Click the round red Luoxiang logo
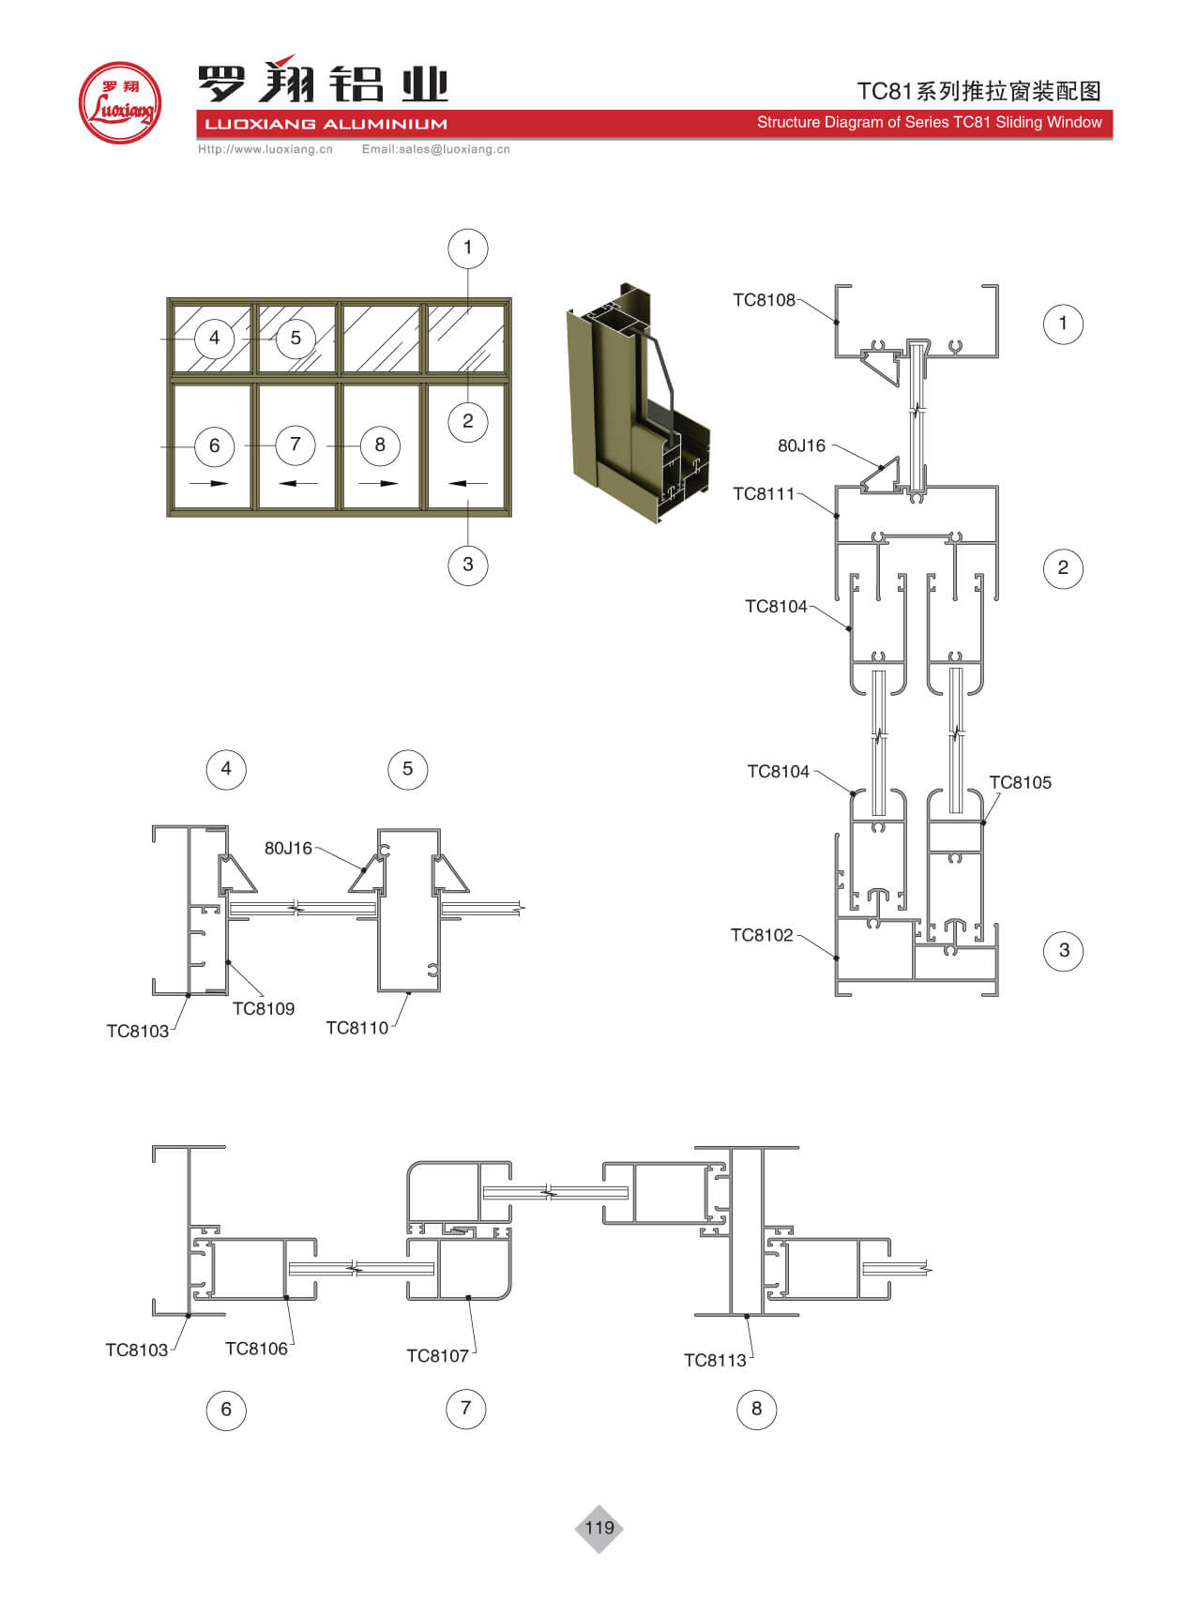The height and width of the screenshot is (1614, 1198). point(120,102)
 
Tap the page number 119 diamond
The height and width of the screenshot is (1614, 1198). point(599,1528)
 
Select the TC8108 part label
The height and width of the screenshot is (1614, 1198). point(764,300)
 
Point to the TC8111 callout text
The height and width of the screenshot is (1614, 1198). point(764,494)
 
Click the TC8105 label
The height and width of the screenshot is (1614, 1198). point(1021,782)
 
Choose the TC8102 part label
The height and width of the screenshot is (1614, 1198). point(762,935)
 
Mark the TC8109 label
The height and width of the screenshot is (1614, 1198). point(264,1009)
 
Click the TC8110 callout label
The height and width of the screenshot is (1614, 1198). point(356,1028)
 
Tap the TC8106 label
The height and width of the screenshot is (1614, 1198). point(256,1349)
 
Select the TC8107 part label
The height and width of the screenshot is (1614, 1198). point(437,1356)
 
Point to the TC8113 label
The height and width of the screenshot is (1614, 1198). point(715,1361)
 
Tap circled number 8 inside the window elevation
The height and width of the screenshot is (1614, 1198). point(380,445)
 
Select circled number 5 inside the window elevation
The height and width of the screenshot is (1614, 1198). point(296,338)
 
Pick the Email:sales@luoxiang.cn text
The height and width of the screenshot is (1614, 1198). point(436,149)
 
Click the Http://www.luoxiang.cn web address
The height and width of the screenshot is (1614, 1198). point(265,149)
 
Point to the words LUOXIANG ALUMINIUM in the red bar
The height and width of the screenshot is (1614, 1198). point(326,124)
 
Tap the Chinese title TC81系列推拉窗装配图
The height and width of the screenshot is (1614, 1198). point(979,91)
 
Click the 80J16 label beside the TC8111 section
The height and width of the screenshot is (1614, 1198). point(802,445)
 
